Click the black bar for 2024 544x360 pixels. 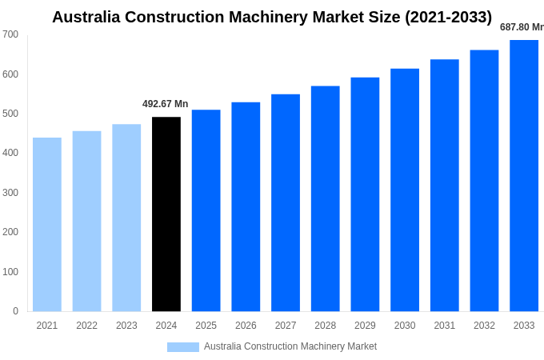(x=166, y=214)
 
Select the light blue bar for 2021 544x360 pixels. (x=47, y=225)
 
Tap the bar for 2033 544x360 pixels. (x=524, y=176)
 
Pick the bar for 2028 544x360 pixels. (x=325, y=198)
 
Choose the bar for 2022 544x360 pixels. (x=86, y=222)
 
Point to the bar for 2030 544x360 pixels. (x=405, y=190)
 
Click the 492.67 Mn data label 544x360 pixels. (x=166, y=104)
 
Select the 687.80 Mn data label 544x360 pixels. (x=522, y=27)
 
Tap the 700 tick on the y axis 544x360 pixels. (x=10, y=34)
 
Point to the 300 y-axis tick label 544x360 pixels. (x=10, y=193)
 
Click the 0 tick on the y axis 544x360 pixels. (x=15, y=311)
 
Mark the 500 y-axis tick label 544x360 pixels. (x=10, y=114)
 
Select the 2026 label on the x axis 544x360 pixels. (x=246, y=326)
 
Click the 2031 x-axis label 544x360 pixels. (x=445, y=326)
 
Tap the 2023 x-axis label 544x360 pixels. (x=126, y=326)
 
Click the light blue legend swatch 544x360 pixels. (x=182, y=347)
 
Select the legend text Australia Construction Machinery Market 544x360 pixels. (x=290, y=346)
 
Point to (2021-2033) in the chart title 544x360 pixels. (x=449, y=17)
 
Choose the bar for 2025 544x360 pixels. (x=206, y=210)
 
